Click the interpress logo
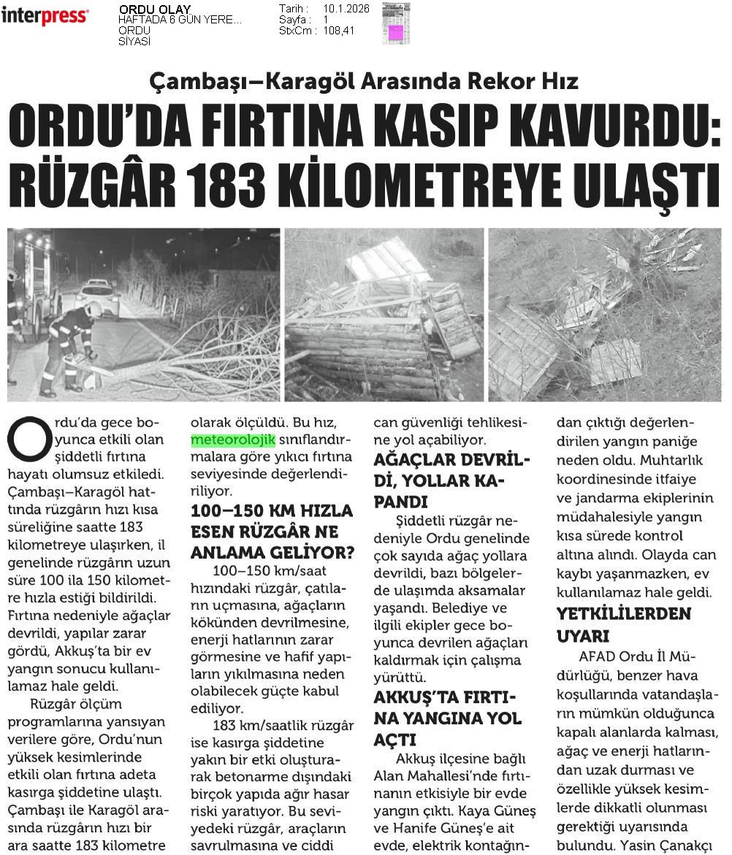(x=45, y=15)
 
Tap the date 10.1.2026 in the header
(x=346, y=9)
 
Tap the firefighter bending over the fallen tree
(x=69, y=347)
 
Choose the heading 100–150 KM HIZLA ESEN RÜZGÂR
(x=272, y=528)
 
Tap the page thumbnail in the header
(x=395, y=23)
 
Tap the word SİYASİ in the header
(x=134, y=41)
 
